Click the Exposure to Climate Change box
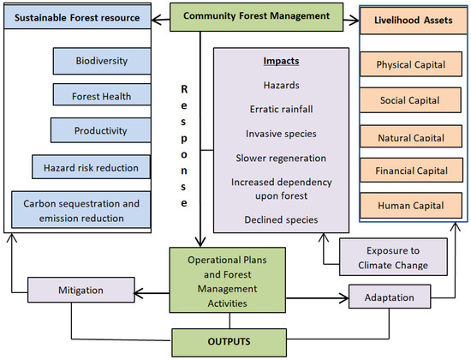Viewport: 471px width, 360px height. coord(392,256)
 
